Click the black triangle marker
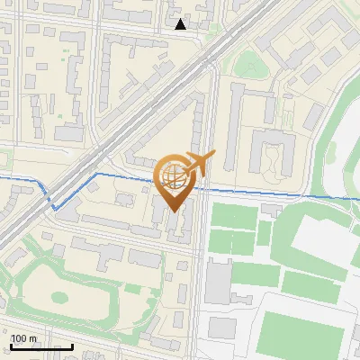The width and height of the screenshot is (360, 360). (x=181, y=24)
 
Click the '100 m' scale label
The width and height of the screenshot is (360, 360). (x=24, y=338)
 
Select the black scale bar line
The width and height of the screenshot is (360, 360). (x=41, y=346)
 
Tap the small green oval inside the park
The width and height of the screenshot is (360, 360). (x=61, y=296)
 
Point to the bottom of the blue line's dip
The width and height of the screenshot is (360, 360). (x=58, y=208)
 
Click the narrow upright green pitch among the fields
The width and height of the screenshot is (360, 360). (x=265, y=233)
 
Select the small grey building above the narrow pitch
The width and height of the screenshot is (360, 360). (x=271, y=210)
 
